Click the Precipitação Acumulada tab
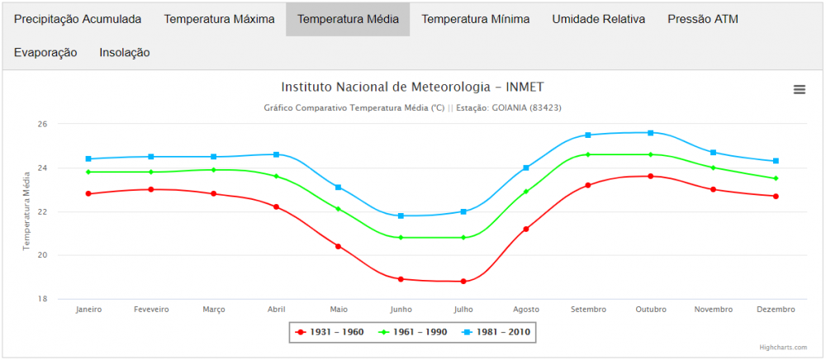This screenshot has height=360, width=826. (x=78, y=19)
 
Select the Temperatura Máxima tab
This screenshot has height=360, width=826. (x=219, y=19)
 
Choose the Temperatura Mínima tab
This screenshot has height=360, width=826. (x=476, y=19)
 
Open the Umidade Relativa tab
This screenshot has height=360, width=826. (x=599, y=19)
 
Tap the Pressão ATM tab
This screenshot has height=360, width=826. (x=703, y=19)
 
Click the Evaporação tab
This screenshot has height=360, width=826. (x=45, y=53)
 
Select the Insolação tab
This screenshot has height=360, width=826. (x=125, y=53)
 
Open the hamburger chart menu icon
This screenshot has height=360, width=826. (x=799, y=90)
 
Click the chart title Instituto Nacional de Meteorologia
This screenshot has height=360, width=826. (x=412, y=87)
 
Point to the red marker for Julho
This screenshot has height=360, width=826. (x=463, y=282)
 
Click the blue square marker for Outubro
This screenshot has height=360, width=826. (x=651, y=133)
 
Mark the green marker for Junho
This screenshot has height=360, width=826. (x=401, y=238)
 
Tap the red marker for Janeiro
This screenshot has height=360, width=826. (x=88, y=194)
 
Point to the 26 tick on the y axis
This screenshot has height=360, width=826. (x=41, y=125)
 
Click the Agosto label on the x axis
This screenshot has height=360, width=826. (x=525, y=310)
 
